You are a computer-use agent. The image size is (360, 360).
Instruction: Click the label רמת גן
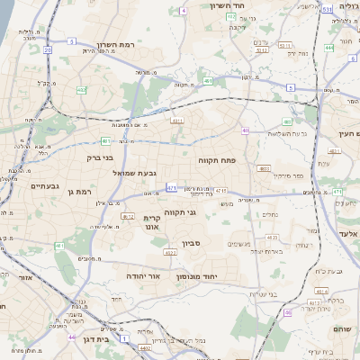tap(80, 192)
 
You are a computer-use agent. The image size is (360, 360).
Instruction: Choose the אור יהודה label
tap(142, 275)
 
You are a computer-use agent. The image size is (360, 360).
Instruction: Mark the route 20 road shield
tap(47, 50)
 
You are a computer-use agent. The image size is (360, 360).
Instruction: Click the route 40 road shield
tap(245, 130)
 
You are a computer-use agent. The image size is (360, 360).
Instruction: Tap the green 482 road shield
tap(82, 90)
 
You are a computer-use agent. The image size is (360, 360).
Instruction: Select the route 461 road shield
tap(59, 246)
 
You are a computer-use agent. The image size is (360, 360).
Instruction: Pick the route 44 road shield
tap(72, 337)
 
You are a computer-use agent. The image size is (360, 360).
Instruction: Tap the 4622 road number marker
tap(270, 238)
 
